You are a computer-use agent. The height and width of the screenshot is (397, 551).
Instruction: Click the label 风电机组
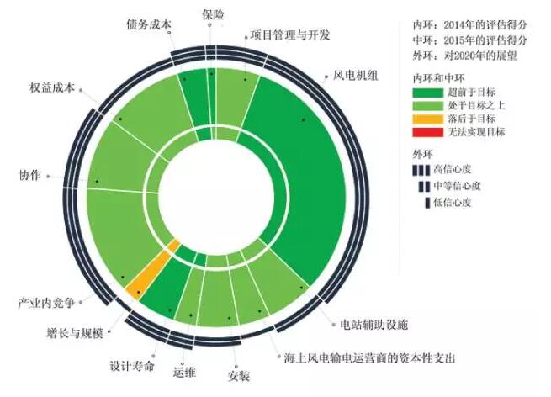tap(356, 76)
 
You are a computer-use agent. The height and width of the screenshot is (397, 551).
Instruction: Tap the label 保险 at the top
tap(214, 15)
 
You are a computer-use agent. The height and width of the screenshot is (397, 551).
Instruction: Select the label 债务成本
tap(149, 24)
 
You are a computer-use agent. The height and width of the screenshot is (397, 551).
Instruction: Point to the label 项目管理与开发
tap(290, 35)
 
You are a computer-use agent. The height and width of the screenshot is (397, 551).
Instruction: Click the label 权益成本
tap(52, 87)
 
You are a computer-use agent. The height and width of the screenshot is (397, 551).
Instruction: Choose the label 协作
tap(30, 175)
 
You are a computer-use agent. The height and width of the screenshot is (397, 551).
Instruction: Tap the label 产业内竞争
tap(46, 302)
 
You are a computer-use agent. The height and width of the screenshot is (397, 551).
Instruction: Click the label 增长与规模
tap(75, 332)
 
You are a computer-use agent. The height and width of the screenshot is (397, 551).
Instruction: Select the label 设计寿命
tap(132, 366)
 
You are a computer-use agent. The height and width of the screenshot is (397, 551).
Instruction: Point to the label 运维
tap(184, 373)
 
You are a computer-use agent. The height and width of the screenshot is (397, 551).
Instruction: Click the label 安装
tap(239, 376)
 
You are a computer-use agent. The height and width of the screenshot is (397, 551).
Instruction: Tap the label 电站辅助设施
tap(374, 325)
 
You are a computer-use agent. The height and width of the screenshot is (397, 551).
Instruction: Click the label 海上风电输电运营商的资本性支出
tap(369, 358)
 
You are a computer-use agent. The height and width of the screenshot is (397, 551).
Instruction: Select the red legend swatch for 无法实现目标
tap(427, 132)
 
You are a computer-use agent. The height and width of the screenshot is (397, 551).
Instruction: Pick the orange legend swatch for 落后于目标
tap(427, 119)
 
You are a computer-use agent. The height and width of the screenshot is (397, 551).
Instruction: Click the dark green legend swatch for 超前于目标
tap(427, 93)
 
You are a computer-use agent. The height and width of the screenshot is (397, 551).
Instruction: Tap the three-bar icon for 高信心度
tap(421, 170)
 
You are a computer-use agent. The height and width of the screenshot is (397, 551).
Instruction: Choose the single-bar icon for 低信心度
tap(427, 203)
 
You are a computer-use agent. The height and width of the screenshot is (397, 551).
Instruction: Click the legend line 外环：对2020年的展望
tap(464, 56)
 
